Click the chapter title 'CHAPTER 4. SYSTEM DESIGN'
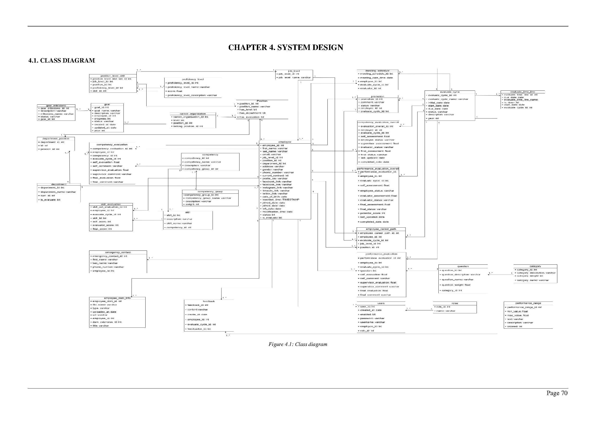[286, 47]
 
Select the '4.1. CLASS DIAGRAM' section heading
[61, 61]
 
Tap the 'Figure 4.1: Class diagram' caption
[298, 344]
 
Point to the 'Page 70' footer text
[557, 393]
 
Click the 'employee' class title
[285, 142]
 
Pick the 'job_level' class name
[294, 71]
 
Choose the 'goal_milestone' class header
[56, 106]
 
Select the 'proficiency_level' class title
[193, 79]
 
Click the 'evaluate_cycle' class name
[450, 92]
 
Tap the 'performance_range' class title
[528, 303]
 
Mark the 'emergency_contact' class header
[118, 252]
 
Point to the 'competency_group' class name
[210, 192]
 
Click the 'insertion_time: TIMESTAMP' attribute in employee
[281, 200]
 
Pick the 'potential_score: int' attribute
[373, 213]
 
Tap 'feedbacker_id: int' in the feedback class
[199, 329]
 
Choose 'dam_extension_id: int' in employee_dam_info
[107, 322]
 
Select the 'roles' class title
[455, 303]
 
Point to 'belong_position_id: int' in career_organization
[188, 126]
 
